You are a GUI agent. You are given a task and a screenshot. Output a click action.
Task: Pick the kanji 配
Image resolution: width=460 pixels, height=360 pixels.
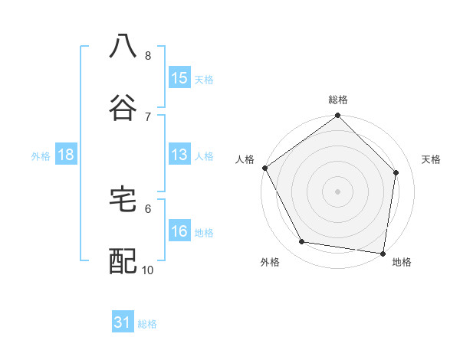coord(123,261)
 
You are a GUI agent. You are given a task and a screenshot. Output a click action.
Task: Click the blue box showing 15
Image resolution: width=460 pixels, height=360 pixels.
coord(179,78)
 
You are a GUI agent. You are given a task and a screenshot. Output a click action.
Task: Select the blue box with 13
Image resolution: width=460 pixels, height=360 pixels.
coord(179,155)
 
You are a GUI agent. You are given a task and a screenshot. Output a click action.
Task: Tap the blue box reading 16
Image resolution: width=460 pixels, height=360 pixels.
coord(179,232)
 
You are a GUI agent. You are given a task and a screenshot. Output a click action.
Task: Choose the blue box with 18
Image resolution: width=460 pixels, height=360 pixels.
coord(66,155)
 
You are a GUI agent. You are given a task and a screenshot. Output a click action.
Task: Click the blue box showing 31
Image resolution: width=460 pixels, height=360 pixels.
coord(123,323)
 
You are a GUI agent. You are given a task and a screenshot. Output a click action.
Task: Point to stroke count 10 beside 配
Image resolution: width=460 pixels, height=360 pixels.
coord(148,270)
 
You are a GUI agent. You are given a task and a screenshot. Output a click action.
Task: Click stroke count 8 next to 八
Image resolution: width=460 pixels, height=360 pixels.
coord(148,55)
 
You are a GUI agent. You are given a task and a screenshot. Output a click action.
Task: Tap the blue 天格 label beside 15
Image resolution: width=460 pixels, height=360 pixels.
coord(203,79)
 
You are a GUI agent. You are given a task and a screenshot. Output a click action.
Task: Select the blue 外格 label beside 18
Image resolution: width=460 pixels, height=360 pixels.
coord(41,156)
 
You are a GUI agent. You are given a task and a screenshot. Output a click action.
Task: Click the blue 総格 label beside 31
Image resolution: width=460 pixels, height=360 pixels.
coord(147,324)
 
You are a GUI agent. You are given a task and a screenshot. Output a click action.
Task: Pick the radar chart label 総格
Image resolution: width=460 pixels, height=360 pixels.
coord(338,100)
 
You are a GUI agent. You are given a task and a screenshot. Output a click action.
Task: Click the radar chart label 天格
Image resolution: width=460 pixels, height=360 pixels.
coord(432,159)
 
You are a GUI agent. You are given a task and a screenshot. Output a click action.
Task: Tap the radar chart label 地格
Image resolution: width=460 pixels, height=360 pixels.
coord(402,262)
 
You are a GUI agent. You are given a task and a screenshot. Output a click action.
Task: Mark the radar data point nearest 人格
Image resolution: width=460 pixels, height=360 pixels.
coord(264,168)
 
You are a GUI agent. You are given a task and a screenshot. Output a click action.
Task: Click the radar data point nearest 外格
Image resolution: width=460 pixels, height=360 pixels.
coord(302,242)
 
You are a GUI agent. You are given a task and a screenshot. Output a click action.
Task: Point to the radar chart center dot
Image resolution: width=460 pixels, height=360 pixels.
coord(338,191)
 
